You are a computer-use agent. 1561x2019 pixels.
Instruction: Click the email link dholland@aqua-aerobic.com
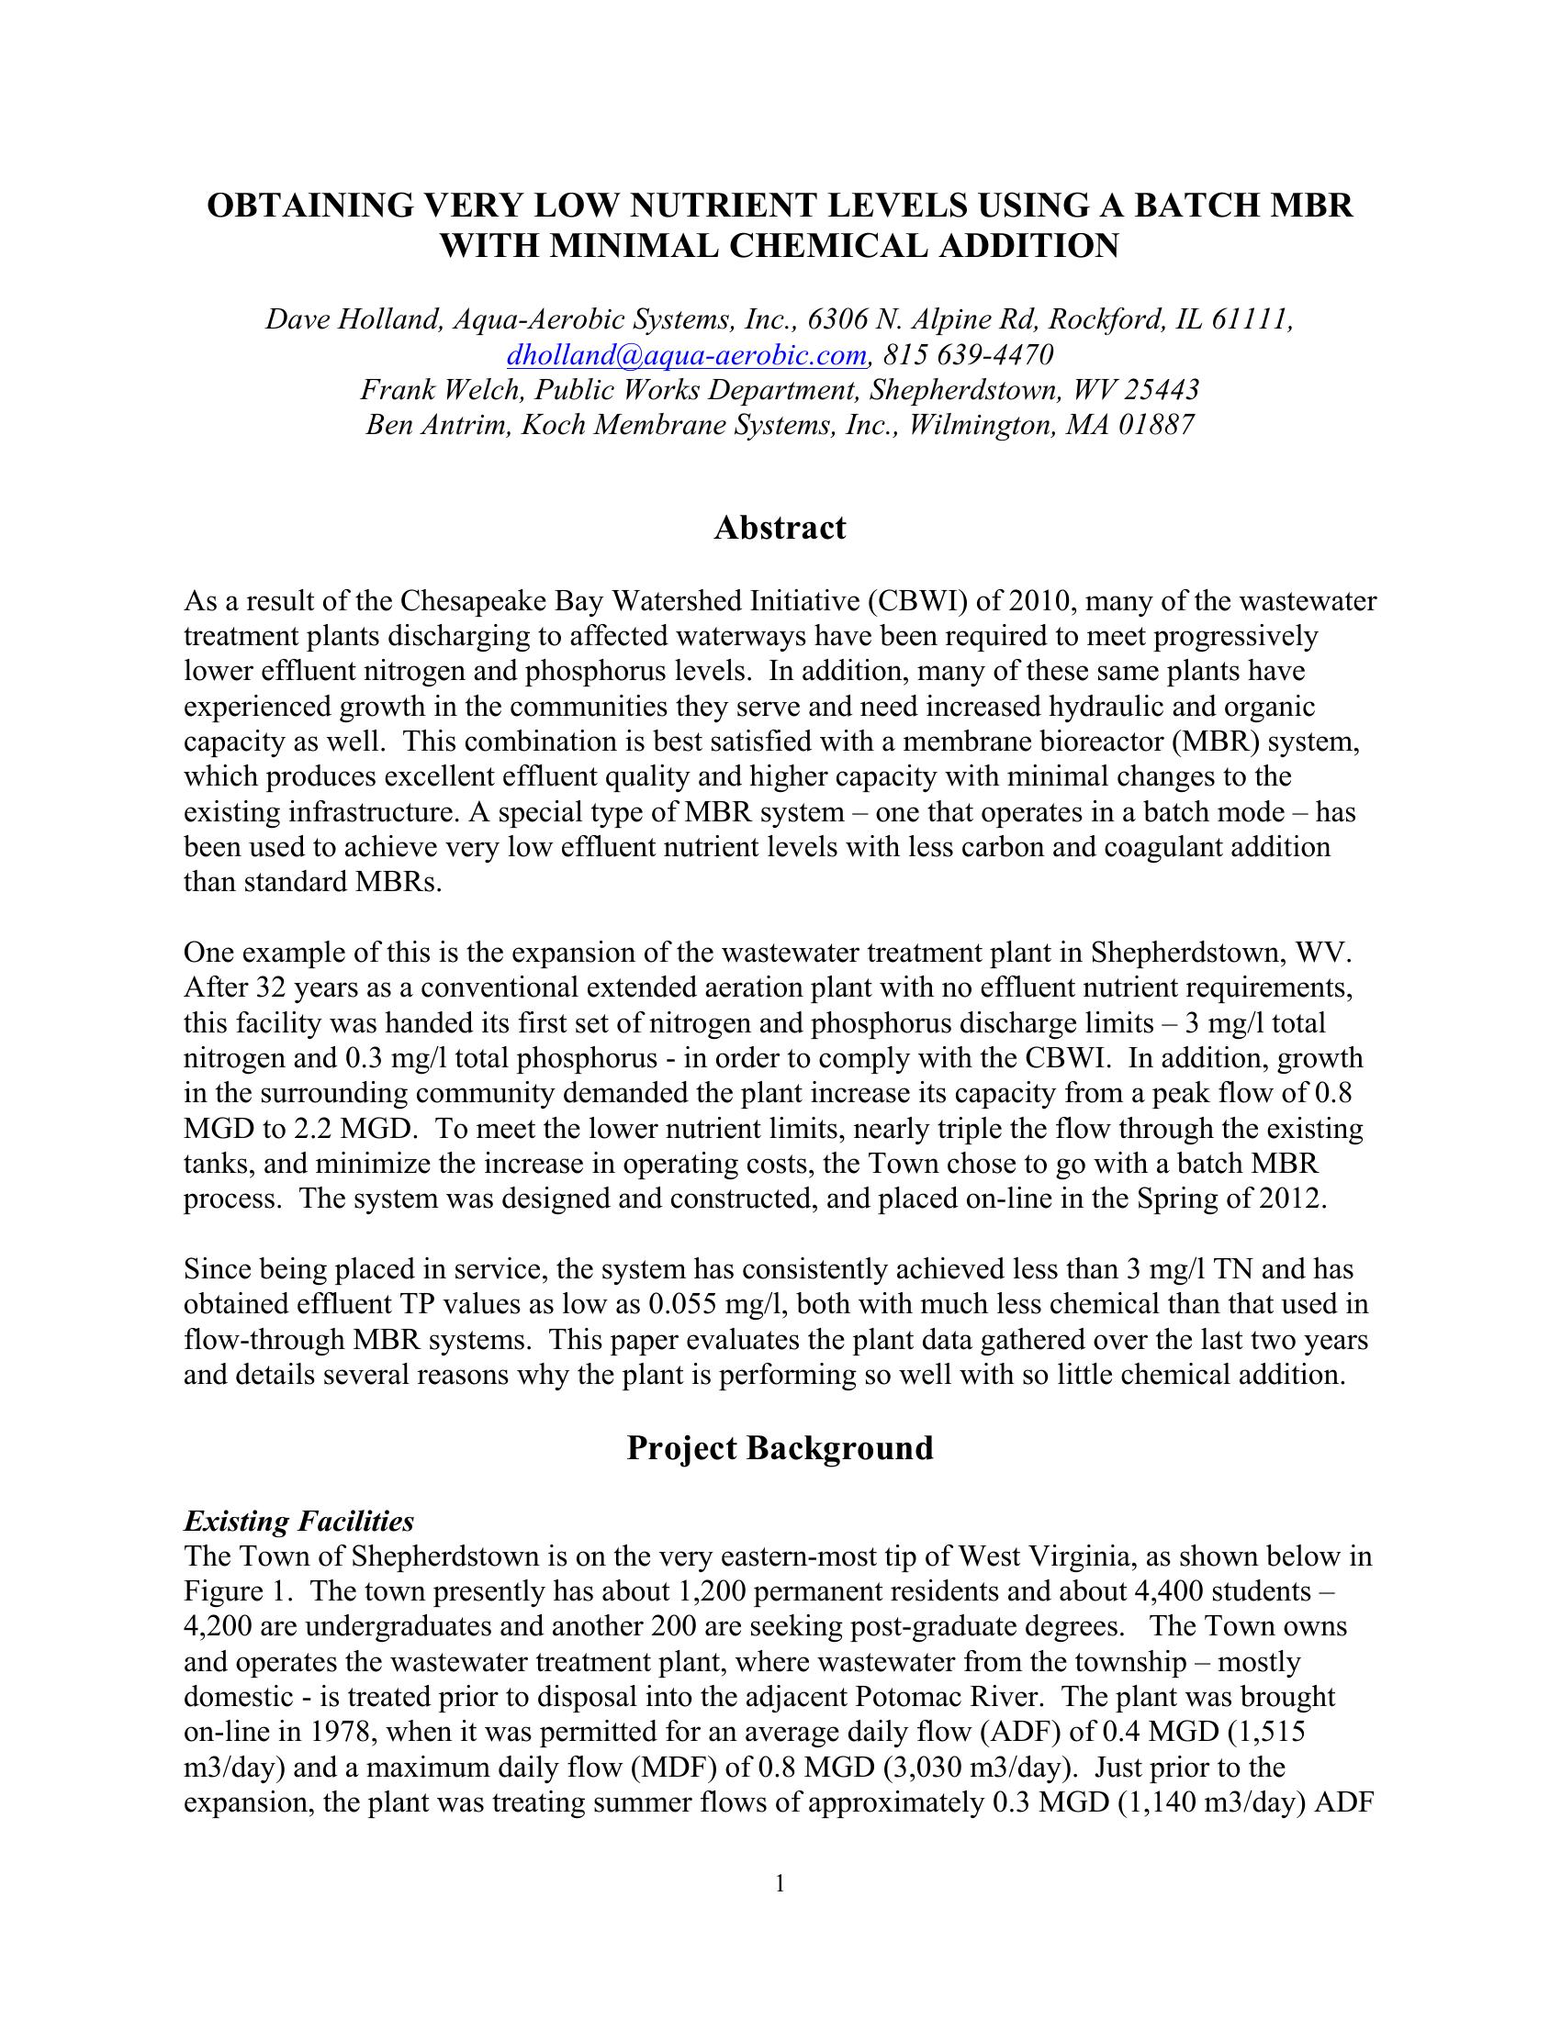687,355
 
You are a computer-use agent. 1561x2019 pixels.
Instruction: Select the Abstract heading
780,528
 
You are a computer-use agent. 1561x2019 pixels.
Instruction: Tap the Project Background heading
780,1447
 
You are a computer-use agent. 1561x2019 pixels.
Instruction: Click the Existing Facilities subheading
298,1521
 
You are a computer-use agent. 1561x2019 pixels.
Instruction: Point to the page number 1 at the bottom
780,1883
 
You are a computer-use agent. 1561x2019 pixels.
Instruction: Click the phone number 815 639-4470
968,355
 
